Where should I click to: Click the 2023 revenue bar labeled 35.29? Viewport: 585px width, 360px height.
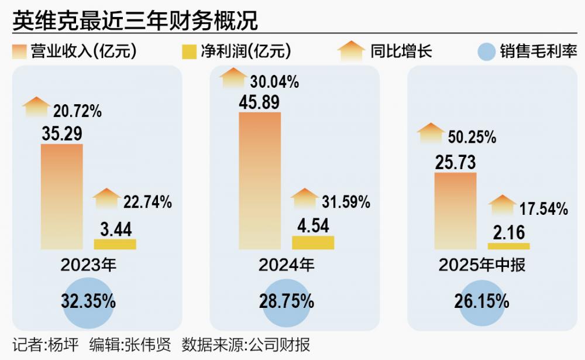[62, 196]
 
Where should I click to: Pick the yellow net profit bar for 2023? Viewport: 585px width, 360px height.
[115, 244]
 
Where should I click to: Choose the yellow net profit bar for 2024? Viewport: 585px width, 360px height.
[313, 242]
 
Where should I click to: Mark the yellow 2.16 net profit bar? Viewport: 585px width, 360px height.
[509, 246]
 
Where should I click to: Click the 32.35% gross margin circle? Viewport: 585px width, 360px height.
[88, 302]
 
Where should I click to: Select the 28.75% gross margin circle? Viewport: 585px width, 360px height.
[286, 302]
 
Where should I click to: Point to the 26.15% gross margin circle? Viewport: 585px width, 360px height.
[481, 302]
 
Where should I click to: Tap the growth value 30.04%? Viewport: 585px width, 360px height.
[274, 83]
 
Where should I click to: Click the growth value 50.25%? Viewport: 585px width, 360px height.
[472, 138]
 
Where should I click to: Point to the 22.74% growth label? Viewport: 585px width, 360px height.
[147, 203]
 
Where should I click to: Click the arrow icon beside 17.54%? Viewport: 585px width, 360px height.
[501, 205]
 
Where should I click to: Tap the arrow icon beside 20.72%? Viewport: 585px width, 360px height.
[36, 107]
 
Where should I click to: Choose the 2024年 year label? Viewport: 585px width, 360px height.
[287, 265]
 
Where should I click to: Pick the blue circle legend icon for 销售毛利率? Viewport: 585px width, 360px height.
[487, 52]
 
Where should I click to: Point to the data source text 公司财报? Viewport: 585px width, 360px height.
[285, 344]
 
